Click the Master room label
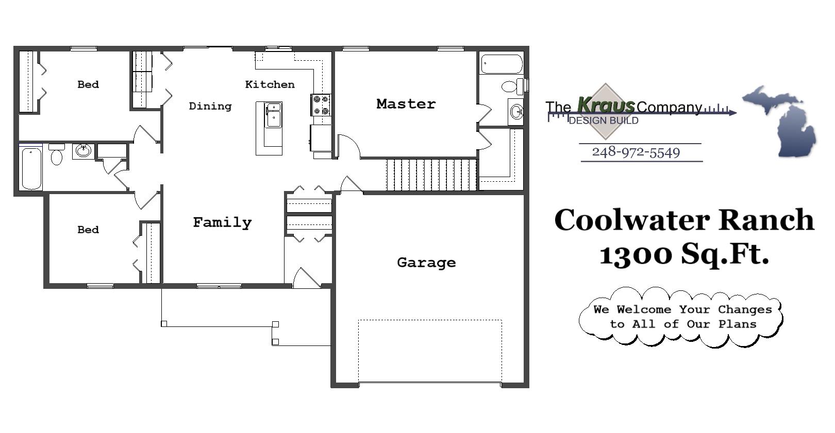(406, 104)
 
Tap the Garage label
(426, 263)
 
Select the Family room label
(222, 222)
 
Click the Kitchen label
(270, 84)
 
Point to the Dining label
(210, 106)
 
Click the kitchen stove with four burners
(321, 105)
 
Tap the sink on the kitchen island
(273, 115)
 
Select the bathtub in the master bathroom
(501, 65)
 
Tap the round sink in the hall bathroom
(83, 151)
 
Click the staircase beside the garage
(431, 175)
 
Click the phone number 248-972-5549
(636, 152)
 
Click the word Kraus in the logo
(606, 105)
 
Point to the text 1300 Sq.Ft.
(683, 253)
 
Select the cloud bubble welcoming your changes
(681, 317)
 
